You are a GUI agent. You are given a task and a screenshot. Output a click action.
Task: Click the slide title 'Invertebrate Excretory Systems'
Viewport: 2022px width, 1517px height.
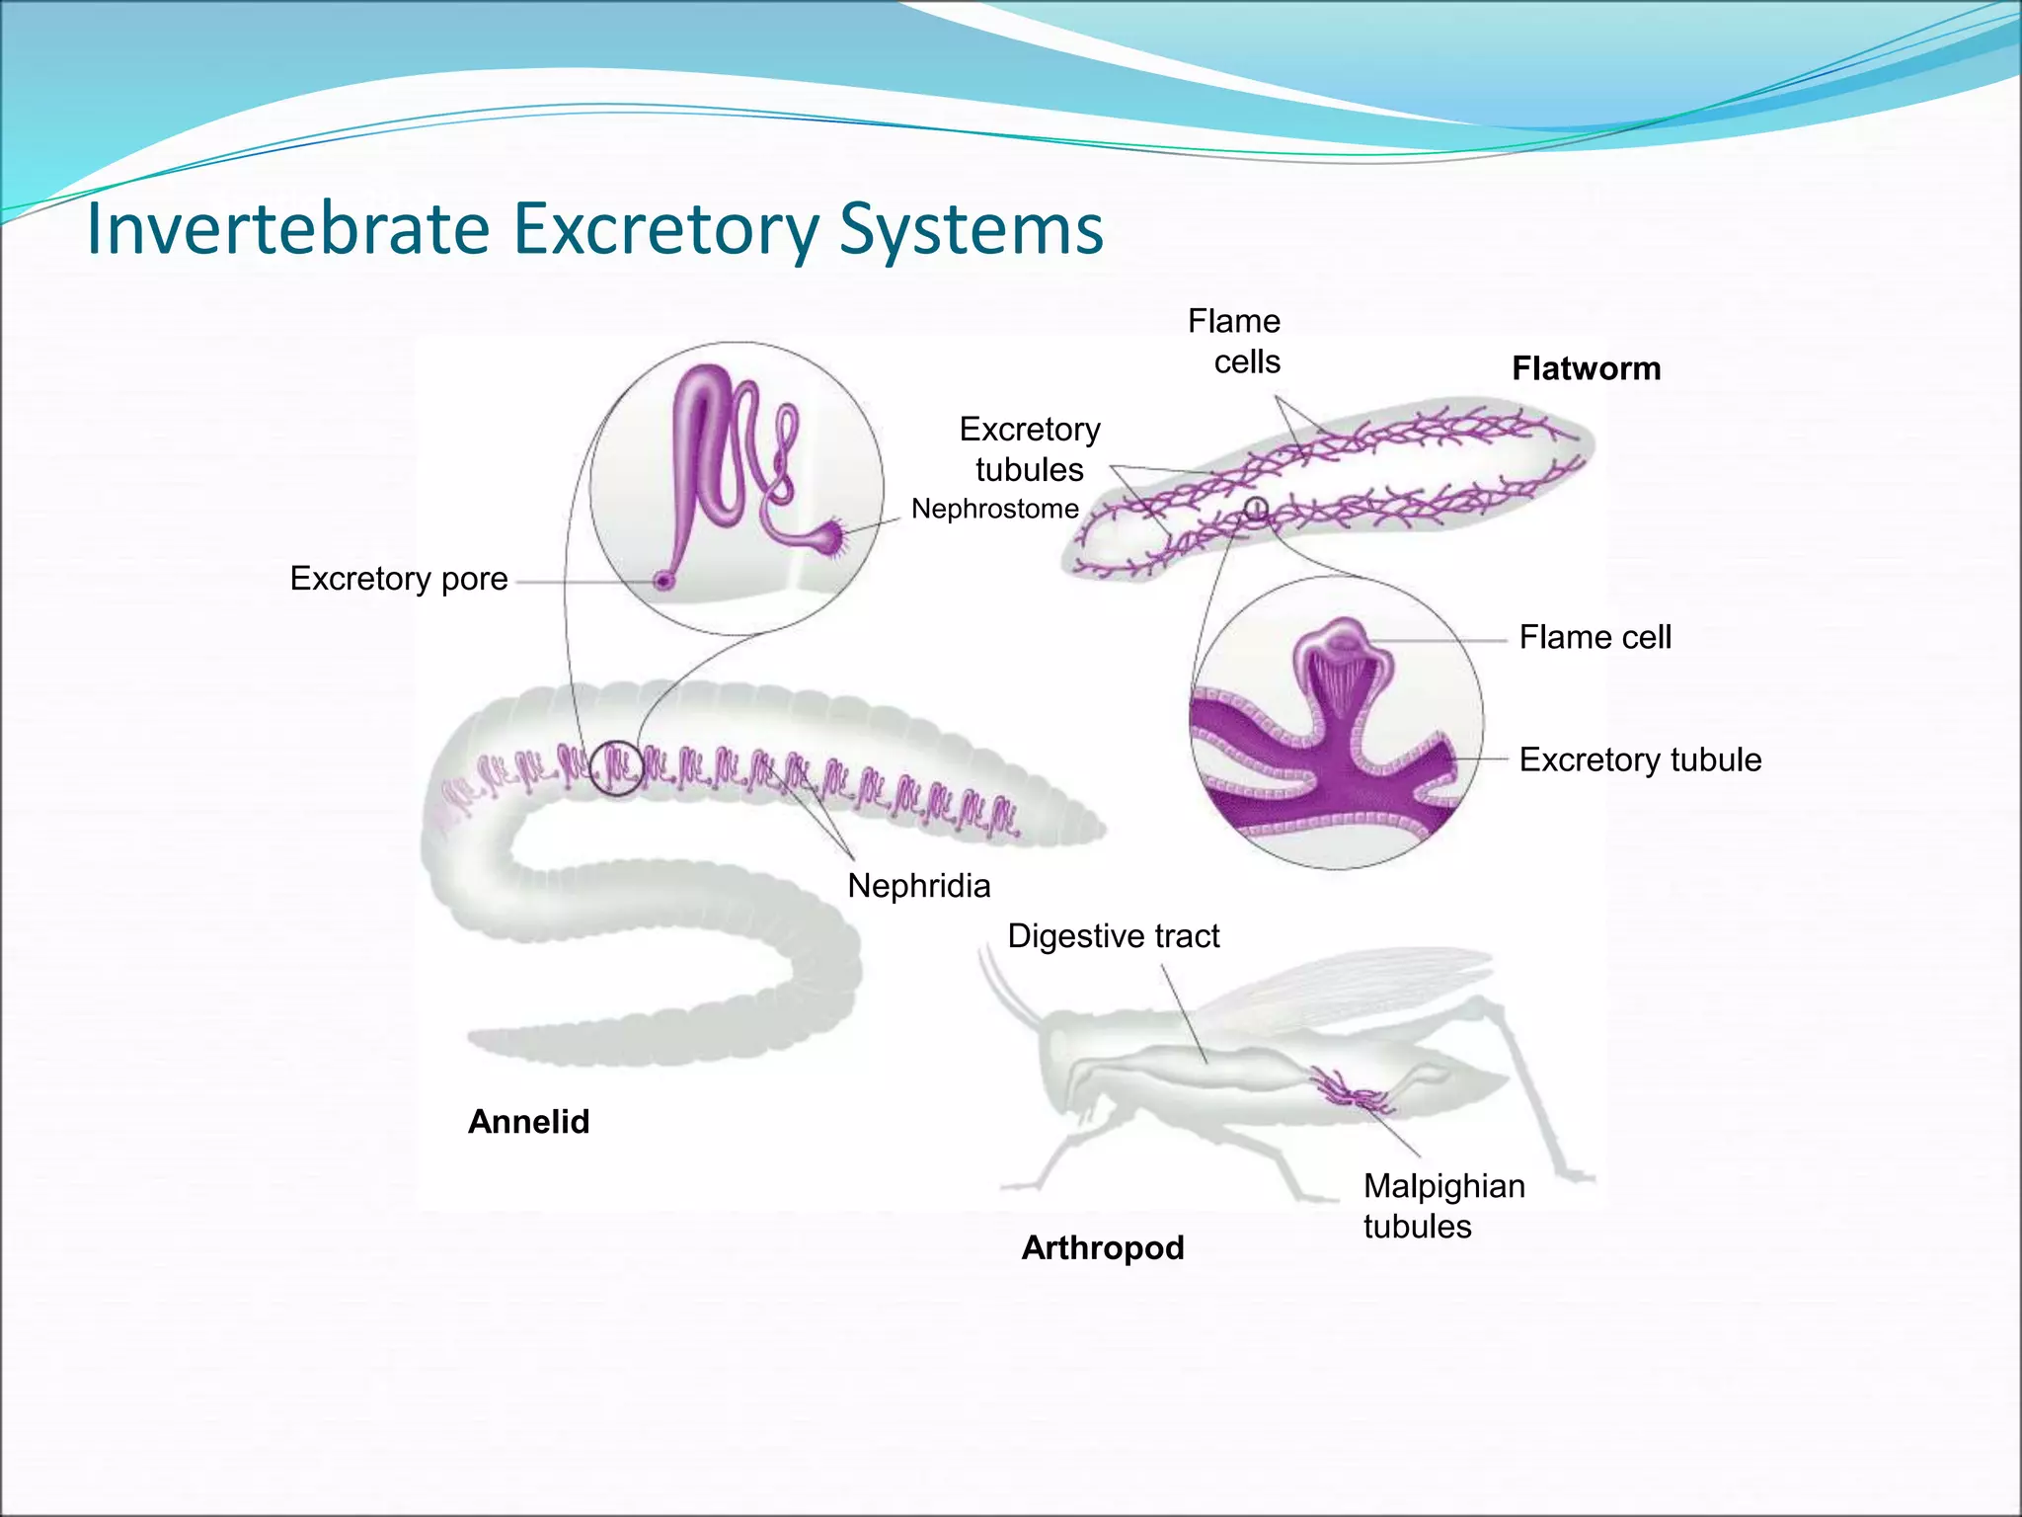coord(594,229)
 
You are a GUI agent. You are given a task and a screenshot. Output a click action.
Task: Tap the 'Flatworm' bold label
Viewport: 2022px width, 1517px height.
coord(1586,368)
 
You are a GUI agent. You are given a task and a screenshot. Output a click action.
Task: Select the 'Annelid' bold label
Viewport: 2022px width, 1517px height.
coord(528,1121)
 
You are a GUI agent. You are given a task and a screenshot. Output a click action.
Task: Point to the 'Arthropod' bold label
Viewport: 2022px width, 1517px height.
coord(1102,1247)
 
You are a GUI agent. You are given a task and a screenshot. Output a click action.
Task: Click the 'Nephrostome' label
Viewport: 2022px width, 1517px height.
coord(994,509)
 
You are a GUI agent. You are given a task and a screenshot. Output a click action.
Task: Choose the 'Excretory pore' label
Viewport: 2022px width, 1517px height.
coord(399,578)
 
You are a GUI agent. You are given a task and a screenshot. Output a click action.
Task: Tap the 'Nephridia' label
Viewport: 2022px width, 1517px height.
coord(918,886)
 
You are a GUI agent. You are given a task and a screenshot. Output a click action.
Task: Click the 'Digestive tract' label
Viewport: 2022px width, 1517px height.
coord(1113,935)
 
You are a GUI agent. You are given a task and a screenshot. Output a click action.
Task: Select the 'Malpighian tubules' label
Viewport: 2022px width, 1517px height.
coord(1443,1206)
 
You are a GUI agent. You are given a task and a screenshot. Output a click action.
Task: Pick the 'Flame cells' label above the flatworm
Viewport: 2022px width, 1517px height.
coord(1234,341)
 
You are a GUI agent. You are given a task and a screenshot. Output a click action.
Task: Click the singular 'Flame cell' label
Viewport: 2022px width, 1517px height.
coord(1594,637)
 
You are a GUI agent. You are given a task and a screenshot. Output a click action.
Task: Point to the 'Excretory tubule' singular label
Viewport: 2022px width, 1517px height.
coord(1640,759)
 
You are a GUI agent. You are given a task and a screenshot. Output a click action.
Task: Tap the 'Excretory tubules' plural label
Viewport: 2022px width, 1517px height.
coord(1030,449)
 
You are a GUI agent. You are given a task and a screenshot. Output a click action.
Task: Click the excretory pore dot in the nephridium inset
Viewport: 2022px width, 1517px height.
coord(663,582)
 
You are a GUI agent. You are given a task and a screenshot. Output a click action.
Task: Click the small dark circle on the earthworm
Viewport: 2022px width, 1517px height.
coord(617,767)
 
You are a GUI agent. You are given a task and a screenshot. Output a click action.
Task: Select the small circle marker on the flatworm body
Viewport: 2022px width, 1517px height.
coord(1255,509)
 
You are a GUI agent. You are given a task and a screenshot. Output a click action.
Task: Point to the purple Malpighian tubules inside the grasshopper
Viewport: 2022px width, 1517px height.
coord(1349,1089)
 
